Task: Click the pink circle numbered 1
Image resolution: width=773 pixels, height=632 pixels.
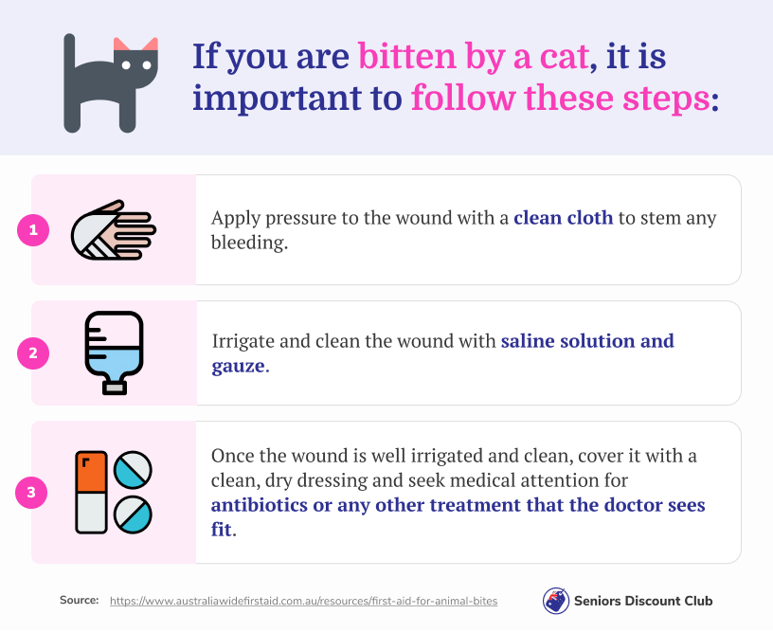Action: point(33,229)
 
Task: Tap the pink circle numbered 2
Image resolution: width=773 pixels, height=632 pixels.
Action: point(33,353)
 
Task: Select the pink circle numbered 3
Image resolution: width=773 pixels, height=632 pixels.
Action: point(31,492)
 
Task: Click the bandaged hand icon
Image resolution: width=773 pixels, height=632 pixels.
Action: point(114,229)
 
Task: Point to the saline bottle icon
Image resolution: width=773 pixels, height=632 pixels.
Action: point(114,352)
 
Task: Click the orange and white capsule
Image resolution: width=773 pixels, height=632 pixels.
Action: point(91,492)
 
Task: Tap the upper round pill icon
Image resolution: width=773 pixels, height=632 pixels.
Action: point(133,470)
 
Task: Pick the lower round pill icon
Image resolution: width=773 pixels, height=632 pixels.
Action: point(133,515)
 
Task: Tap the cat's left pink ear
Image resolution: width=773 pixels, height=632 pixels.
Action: point(121,45)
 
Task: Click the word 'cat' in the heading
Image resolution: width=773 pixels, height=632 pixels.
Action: point(565,56)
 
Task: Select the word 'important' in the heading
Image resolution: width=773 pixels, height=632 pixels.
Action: point(277,99)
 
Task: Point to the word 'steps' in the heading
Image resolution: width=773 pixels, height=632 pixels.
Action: point(666,99)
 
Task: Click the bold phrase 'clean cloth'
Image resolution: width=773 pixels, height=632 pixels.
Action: point(563,217)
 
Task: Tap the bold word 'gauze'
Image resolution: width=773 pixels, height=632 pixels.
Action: point(238,367)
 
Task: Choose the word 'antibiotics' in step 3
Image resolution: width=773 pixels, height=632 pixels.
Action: point(260,505)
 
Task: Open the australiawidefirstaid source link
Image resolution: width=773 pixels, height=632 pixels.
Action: point(303,601)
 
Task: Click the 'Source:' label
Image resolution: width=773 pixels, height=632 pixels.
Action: point(79,600)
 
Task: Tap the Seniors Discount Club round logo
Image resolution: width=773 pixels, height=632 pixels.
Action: point(555,601)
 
